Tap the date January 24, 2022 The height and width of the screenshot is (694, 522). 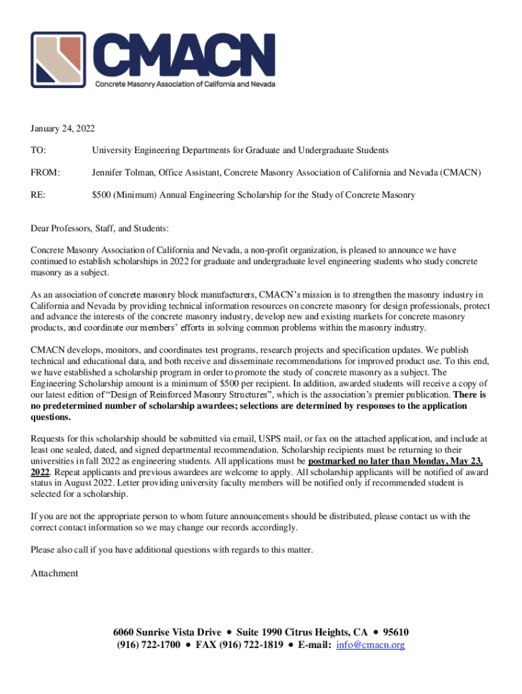pyautogui.click(x=62, y=128)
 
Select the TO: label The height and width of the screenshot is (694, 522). pyautogui.click(x=38, y=150)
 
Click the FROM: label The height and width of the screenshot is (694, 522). pyautogui.click(x=45, y=173)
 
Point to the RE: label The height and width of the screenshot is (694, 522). pyautogui.click(x=38, y=195)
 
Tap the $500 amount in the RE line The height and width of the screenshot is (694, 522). pyautogui.click(x=102, y=195)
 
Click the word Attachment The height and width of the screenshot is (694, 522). pyautogui.click(x=54, y=573)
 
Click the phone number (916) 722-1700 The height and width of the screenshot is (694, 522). pyautogui.click(x=147, y=645)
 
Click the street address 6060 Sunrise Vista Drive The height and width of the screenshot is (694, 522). pyautogui.click(x=166, y=632)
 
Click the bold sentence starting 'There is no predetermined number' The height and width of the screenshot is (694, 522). pyautogui.click(x=249, y=406)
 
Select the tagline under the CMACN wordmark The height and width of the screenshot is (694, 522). pyautogui.click(x=184, y=85)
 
